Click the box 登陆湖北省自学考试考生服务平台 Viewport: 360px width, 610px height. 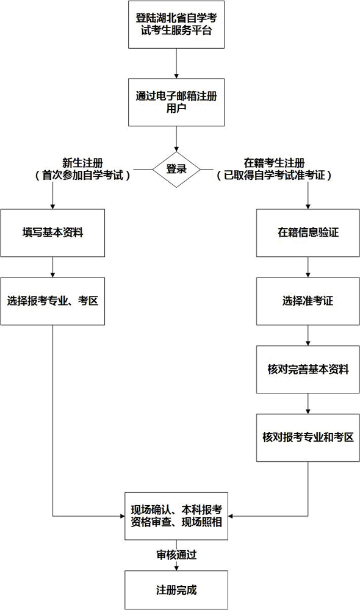176,24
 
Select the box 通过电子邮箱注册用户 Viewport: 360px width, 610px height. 176,102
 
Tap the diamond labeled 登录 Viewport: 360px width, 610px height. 176,169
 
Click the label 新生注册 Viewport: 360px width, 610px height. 82,163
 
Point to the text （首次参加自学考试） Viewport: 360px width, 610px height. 82,176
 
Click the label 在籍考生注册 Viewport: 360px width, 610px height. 274,163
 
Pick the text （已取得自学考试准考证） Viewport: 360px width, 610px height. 274,176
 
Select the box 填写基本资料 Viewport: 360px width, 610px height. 53,233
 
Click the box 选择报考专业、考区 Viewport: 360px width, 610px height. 53,301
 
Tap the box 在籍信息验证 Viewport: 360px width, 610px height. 308,233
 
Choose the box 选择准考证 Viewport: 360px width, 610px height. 308,301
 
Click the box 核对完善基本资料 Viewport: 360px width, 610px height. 308,370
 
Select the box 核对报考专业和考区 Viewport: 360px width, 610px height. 308,438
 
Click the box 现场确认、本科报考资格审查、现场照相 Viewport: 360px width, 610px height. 176,516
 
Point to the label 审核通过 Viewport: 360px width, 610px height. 176,555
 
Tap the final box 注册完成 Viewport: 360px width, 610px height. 176,590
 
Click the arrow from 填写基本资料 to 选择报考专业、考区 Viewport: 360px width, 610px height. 53,267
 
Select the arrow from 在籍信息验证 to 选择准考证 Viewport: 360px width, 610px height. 308,267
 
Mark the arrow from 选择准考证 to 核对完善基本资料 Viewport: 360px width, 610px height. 308,335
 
